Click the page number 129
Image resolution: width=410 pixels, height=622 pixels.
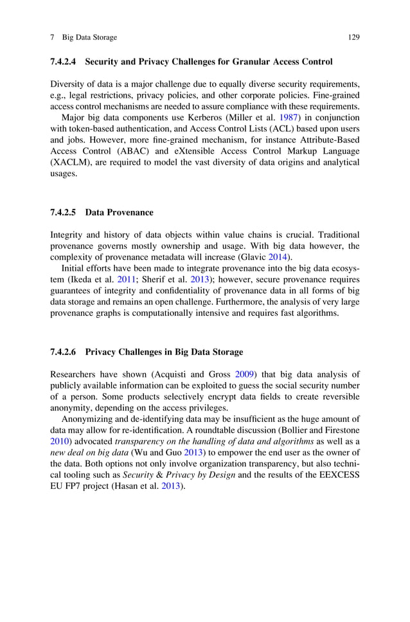point(353,37)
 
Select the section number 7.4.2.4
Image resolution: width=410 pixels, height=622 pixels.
point(63,62)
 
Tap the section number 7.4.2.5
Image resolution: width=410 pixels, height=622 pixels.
point(63,212)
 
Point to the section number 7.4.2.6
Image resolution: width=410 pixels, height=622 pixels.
point(63,352)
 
